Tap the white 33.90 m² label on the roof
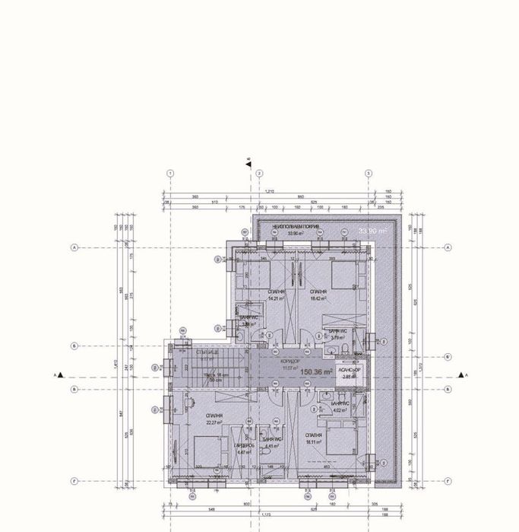pos(373,229)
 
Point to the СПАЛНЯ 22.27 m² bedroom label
pos(214,420)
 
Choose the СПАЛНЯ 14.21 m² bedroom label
pos(276,295)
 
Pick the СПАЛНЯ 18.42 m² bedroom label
pos(318,295)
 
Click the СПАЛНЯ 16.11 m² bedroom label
pos(315,438)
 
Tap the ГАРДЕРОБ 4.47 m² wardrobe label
pos(243,449)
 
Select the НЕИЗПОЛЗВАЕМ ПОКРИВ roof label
pos(290,228)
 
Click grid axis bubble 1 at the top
pos(170,173)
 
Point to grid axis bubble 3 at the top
pos(369,173)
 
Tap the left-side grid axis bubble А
pos(74,247)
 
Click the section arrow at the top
pos(248,161)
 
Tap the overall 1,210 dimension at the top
pos(269,190)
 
